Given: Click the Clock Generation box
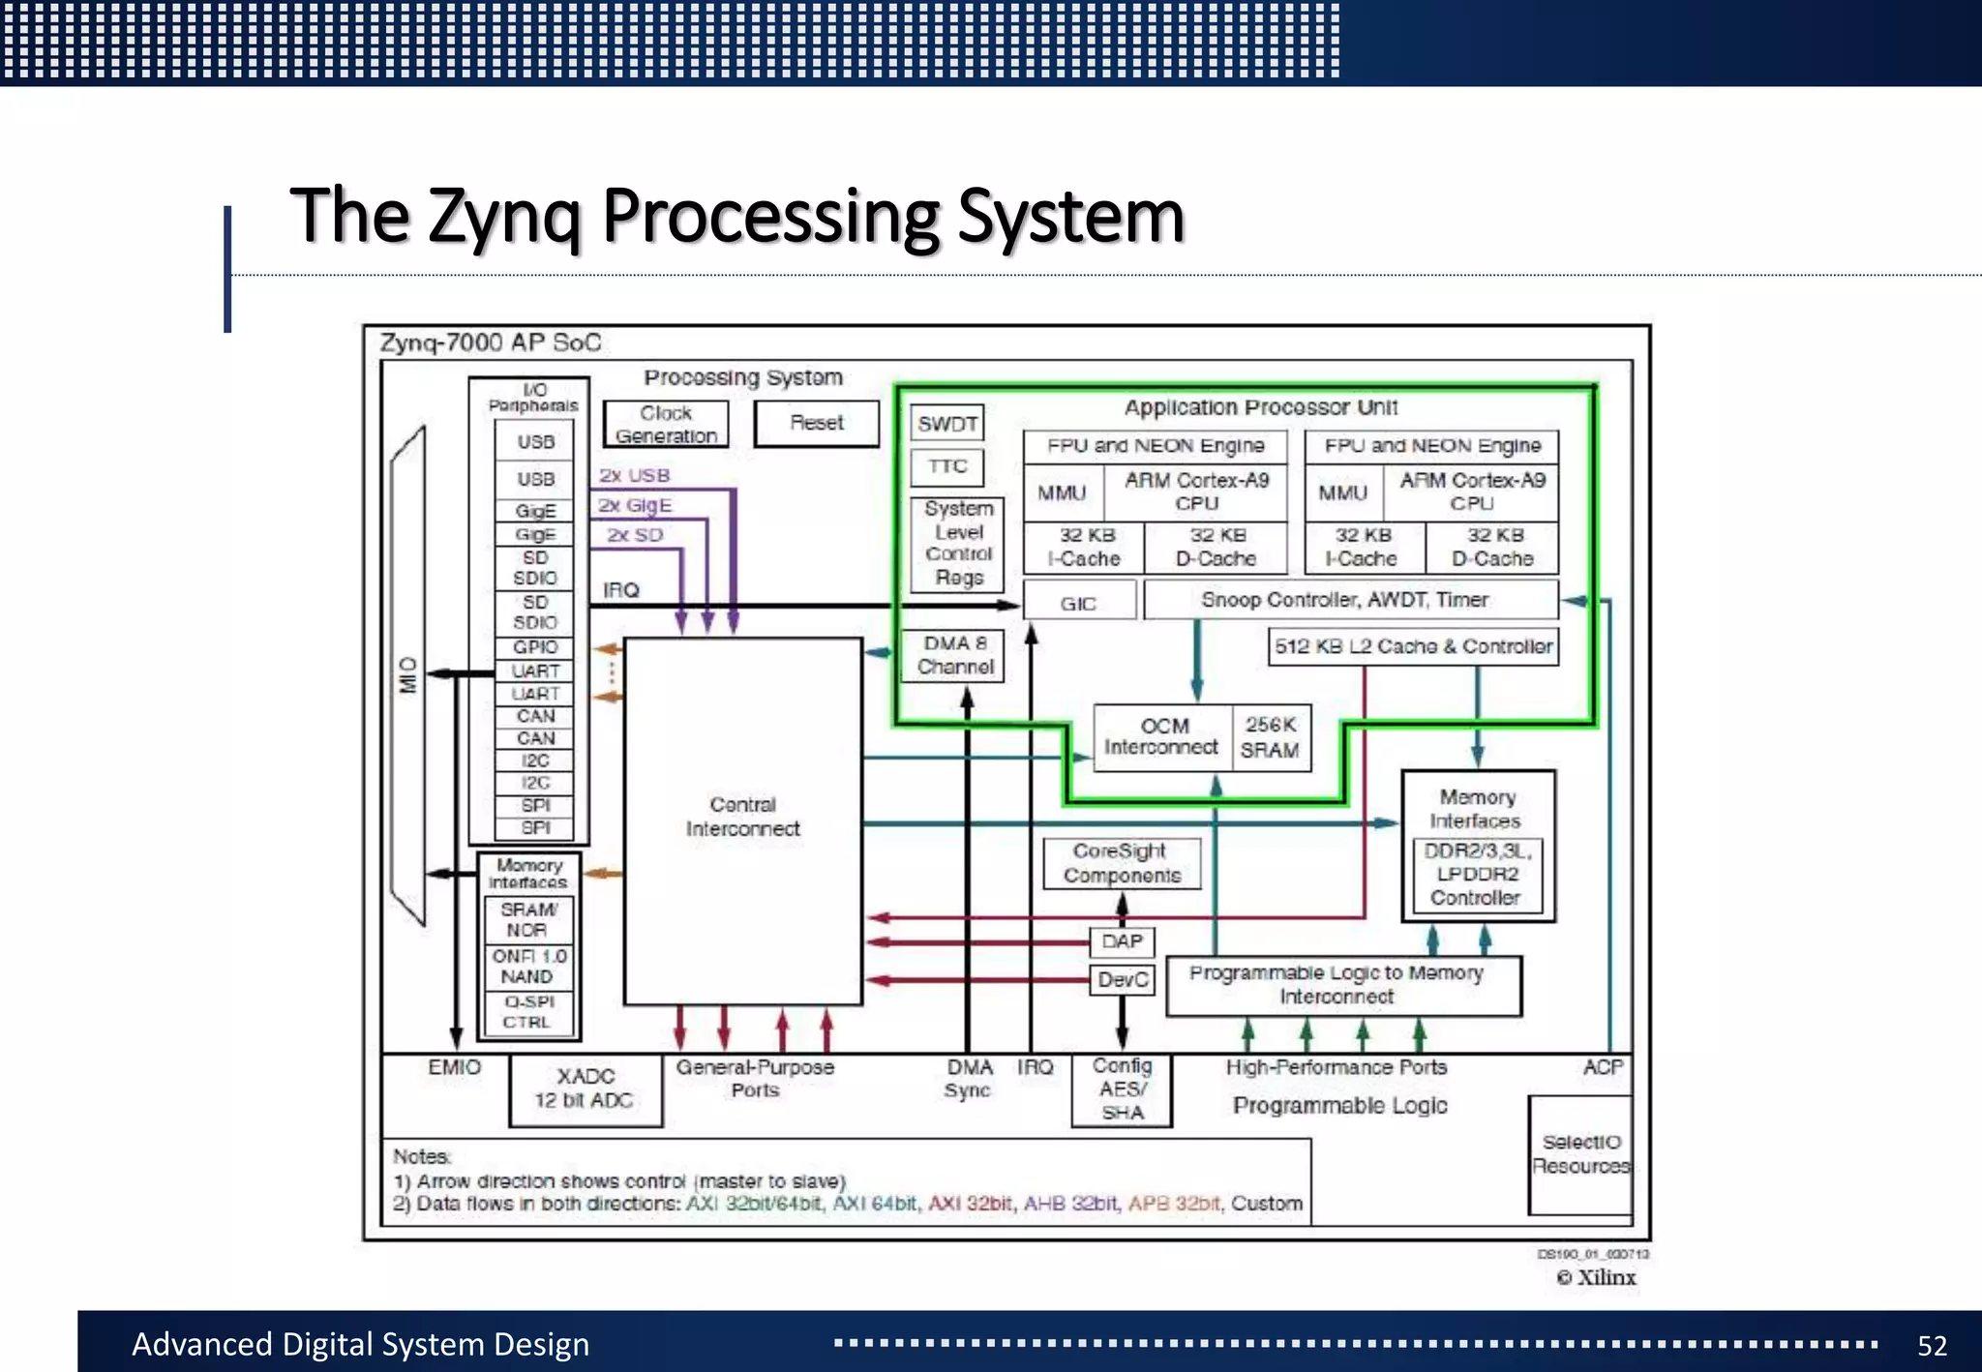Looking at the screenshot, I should coord(666,424).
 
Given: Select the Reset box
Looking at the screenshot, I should coord(817,423).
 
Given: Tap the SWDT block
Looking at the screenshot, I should coord(947,423).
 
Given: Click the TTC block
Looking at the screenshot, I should coord(947,466).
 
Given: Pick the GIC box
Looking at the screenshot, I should coord(1078,603).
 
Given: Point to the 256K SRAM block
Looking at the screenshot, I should coord(1271,737).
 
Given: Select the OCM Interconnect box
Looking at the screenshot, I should coord(1162,737).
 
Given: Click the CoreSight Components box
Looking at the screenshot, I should coord(1122,863).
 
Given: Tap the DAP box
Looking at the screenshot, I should coord(1122,941).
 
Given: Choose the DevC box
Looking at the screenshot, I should coord(1122,980).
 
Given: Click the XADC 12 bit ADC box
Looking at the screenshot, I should coord(586,1089).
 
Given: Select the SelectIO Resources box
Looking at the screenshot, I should coord(1580,1154).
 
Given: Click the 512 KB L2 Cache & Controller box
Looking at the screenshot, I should coord(1413,646).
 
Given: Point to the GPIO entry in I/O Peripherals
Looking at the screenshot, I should coord(535,647).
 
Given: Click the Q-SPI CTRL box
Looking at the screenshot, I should coord(528,1012).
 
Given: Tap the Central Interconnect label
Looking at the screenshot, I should coord(742,817).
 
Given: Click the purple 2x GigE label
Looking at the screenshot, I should coord(635,505).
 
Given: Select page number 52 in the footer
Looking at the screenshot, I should coord(1932,1345).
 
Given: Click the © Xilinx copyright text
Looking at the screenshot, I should coord(1597,1277).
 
